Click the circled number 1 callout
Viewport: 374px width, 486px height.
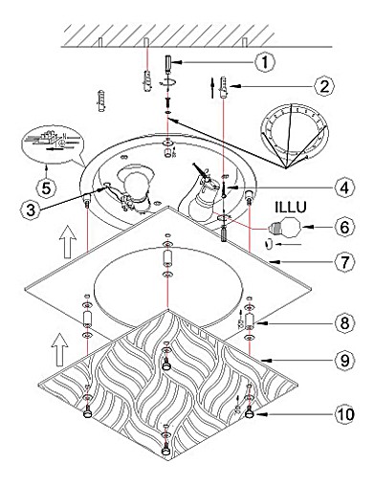(x=265, y=62)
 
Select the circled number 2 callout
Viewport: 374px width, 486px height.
(x=324, y=86)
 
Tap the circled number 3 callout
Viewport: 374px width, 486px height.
(x=31, y=210)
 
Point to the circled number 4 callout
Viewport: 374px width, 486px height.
(x=344, y=188)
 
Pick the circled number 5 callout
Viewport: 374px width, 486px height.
(x=47, y=188)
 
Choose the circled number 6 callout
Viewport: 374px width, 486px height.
(x=344, y=227)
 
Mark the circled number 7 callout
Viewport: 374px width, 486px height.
(x=344, y=262)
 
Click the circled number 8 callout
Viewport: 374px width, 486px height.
(x=344, y=323)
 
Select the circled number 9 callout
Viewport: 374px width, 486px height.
(x=344, y=361)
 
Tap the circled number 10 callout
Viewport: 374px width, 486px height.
(x=344, y=414)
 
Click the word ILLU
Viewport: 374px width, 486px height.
(x=291, y=208)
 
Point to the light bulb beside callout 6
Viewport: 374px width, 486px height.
(x=284, y=227)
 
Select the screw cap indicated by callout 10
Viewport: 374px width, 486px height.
(x=250, y=413)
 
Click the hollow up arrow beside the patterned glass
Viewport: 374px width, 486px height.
(x=60, y=350)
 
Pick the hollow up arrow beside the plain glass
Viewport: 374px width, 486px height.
(x=68, y=241)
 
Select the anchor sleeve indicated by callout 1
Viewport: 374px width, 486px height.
(x=168, y=63)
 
